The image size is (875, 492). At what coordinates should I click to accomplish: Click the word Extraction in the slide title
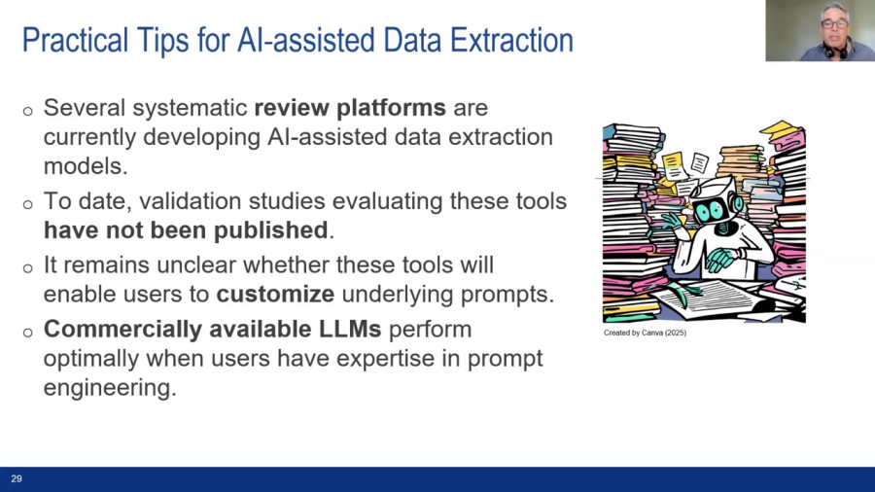click(x=511, y=40)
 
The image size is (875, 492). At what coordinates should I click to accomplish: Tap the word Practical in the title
click(x=75, y=40)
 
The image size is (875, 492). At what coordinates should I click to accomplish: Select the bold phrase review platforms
click(x=350, y=108)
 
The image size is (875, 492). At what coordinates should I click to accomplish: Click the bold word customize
click(x=275, y=294)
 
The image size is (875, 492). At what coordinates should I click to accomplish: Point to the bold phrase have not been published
click(x=186, y=229)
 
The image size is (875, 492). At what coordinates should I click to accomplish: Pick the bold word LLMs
click(x=350, y=329)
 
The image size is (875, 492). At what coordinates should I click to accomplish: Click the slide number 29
click(x=17, y=478)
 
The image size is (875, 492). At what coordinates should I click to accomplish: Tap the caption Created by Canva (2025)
click(x=646, y=333)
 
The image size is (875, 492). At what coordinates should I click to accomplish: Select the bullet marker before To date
click(x=28, y=204)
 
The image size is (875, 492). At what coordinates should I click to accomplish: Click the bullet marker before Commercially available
click(x=28, y=333)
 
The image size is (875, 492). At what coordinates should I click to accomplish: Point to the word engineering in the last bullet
click(x=110, y=388)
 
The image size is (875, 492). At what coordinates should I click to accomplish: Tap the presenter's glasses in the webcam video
click(x=834, y=24)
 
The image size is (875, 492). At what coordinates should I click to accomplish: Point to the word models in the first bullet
click(x=86, y=165)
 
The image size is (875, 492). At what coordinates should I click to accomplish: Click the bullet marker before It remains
click(x=28, y=268)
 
